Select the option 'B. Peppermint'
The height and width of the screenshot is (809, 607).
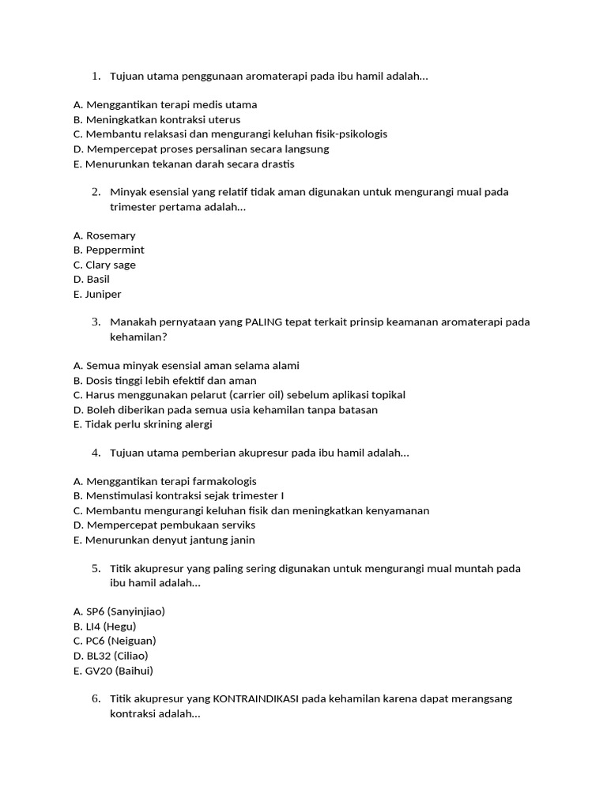[x=108, y=250]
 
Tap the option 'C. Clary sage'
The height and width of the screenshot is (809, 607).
[x=104, y=265]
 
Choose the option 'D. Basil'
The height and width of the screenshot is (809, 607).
[x=91, y=279]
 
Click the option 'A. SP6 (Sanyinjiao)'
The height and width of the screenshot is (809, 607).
[x=119, y=611]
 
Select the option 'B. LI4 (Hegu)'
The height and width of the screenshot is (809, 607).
[x=104, y=626]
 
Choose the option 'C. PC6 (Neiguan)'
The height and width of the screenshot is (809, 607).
[x=114, y=641]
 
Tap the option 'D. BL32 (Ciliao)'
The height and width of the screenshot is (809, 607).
[x=110, y=655]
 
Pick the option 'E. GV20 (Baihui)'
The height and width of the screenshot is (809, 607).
[x=112, y=670]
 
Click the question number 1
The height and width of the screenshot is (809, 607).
[x=96, y=76]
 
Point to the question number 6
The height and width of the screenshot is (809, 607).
[x=96, y=698]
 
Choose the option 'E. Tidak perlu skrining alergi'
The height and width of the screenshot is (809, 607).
[x=143, y=424]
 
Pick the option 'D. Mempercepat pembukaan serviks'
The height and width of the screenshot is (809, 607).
[x=164, y=525]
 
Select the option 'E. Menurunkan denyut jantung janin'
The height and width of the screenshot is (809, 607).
[x=164, y=540]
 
